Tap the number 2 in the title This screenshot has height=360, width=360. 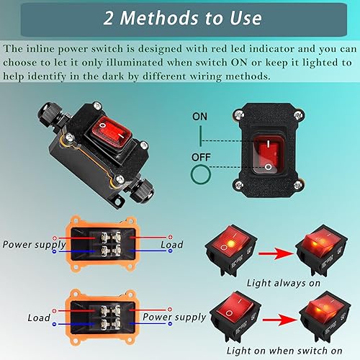[106, 17]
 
